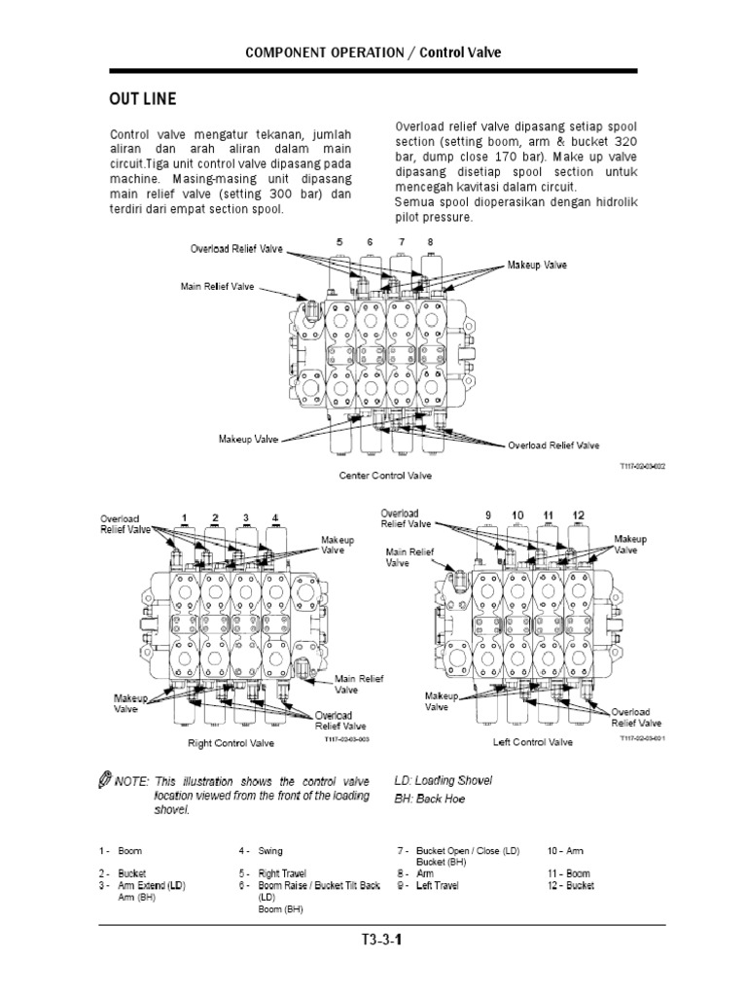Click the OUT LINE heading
[142, 98]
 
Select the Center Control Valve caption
[385, 476]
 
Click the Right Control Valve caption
[231, 743]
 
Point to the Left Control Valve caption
[534, 743]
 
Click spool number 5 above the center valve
[339, 241]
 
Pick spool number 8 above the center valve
[429, 241]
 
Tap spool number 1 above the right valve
[184, 516]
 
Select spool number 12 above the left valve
[578, 514]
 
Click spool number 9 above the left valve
[489, 514]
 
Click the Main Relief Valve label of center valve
[216, 286]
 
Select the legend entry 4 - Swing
[262, 851]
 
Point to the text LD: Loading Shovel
[443, 780]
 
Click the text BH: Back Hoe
[429, 799]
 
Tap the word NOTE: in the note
[129, 781]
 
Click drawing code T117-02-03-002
[642, 467]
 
